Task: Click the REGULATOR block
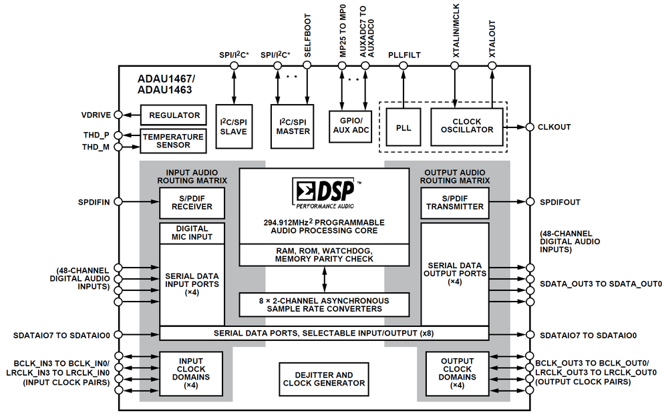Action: pos(174,115)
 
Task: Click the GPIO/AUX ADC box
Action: pos(351,125)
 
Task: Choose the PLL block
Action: pos(403,126)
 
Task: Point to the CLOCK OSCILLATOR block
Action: pos(467,126)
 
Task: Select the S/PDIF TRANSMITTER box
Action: pos(454,201)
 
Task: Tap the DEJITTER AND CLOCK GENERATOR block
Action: pos(324,379)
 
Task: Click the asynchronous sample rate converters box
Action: pos(324,305)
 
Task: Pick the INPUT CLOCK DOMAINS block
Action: pos(191,373)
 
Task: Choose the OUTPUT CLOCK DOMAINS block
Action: pos(457,373)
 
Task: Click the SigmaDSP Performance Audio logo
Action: pos(323,192)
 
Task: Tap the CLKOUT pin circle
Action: pos(529,127)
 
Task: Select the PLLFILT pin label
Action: pos(404,55)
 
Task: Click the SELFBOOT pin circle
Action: pos(307,65)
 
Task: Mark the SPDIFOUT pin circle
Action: pos(529,201)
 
